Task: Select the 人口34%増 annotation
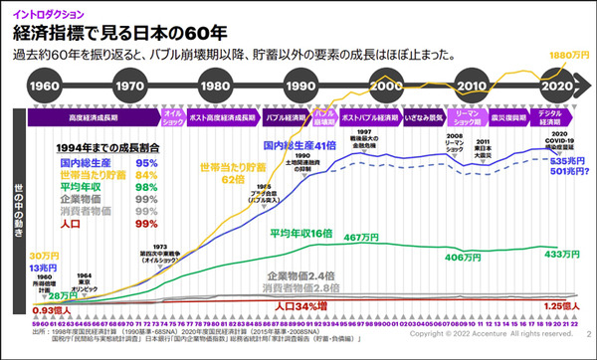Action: point(304,304)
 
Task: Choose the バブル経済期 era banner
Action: point(285,116)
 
